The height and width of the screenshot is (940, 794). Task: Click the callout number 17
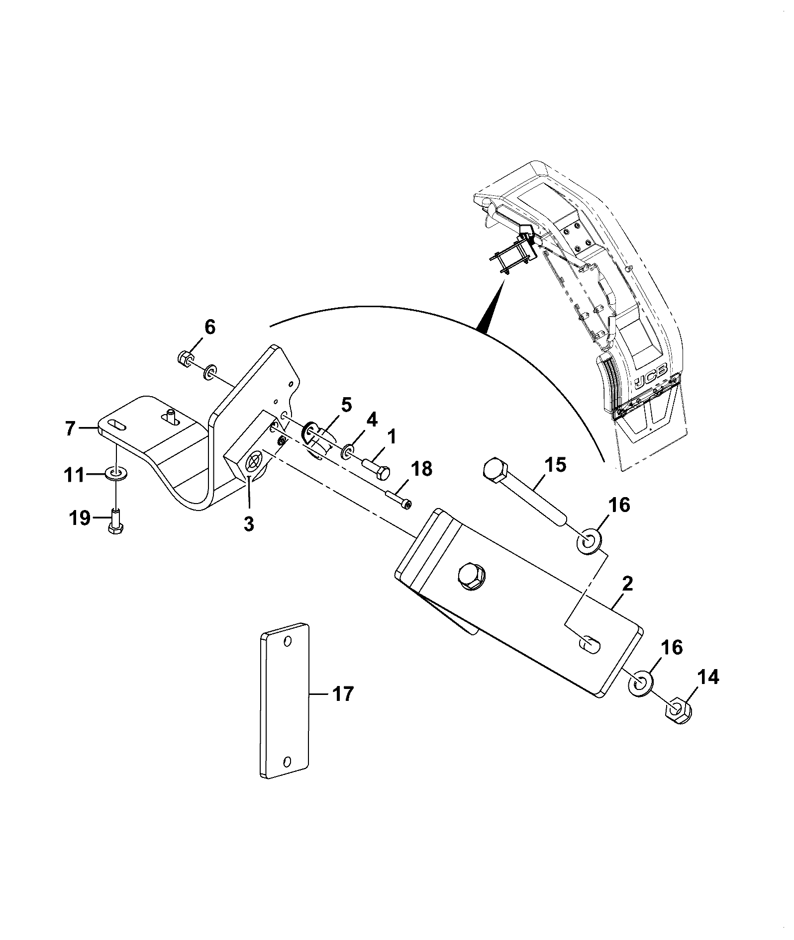tap(343, 694)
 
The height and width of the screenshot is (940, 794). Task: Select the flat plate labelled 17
tap(285, 707)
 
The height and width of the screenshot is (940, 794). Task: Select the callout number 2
tap(627, 584)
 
